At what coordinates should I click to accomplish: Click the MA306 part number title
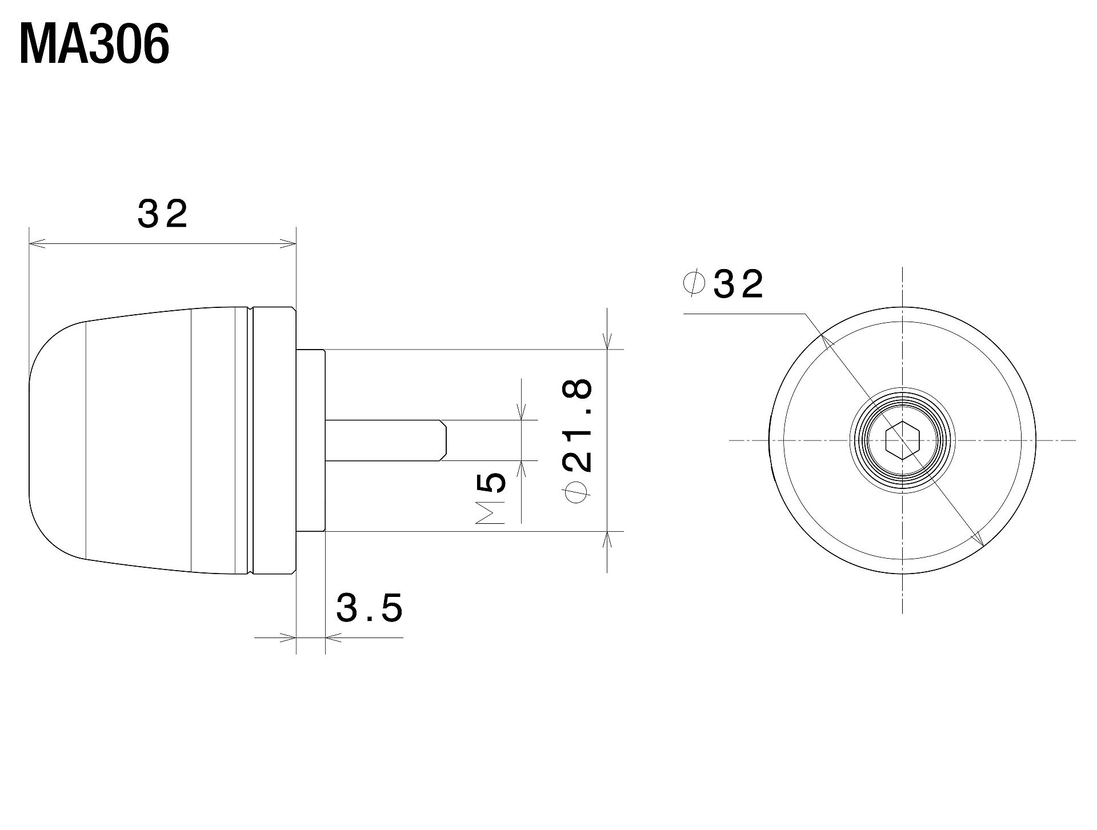click(94, 45)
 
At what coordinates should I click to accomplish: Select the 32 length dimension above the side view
click(162, 214)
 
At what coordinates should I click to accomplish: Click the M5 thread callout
click(490, 498)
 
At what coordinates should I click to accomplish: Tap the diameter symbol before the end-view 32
click(694, 284)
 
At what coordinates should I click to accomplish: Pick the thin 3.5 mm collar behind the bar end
click(310, 440)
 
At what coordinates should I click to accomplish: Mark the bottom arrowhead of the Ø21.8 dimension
click(607, 539)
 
